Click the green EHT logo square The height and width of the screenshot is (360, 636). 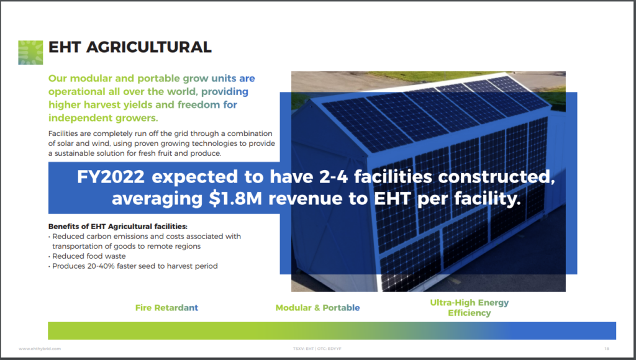[x=30, y=53]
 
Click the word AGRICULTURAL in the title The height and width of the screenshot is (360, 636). [x=149, y=47]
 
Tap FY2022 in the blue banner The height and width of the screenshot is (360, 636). [x=111, y=177]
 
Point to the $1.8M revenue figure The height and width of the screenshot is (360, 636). [x=235, y=199]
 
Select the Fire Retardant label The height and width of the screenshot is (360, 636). [x=166, y=308]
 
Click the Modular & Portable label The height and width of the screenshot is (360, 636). [x=317, y=308]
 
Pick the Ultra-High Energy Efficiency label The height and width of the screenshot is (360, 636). [x=470, y=308]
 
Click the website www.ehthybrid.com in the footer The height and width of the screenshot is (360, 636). [x=40, y=349]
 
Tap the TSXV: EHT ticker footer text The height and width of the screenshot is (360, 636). [x=303, y=349]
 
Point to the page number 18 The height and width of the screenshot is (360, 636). [x=607, y=349]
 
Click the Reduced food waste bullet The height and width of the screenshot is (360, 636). [x=89, y=256]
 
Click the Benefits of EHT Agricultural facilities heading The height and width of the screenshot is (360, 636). [x=117, y=226]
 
